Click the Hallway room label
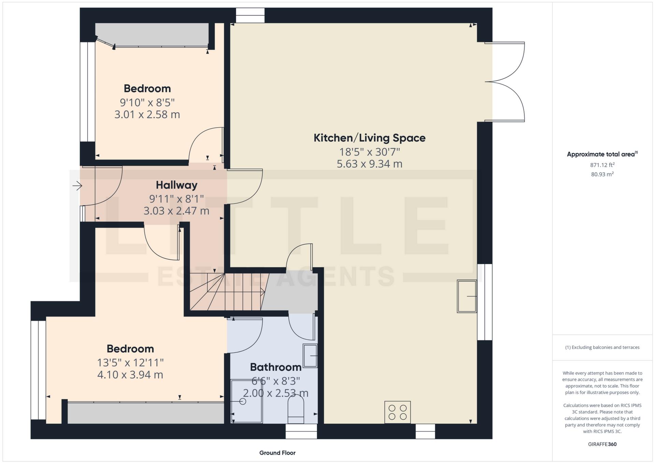176,185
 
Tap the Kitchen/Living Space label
369,138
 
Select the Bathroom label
276,367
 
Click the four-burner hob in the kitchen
397,412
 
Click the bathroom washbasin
310,356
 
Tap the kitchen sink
467,296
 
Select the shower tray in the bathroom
246,402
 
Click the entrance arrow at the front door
77,186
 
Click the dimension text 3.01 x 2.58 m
147,115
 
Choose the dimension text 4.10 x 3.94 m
130,375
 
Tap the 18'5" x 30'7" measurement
369,151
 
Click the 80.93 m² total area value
602,174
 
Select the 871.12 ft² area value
602,165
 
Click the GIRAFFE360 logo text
602,444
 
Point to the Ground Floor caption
277,453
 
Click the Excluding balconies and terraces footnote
602,347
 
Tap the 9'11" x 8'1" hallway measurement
176,198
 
